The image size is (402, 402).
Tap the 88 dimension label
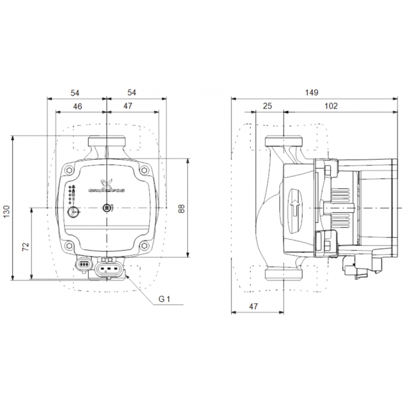(181, 209)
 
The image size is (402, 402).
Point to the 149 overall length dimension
(312, 92)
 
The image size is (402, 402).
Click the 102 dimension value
(331, 106)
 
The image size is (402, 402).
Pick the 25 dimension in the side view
(267, 106)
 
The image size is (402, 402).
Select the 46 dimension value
(78, 106)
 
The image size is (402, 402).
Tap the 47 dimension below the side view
(252, 306)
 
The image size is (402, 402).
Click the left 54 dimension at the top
(75, 92)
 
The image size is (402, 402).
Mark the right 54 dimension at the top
(132, 92)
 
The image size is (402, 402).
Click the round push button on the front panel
(74, 212)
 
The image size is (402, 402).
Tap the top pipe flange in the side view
(284, 141)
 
